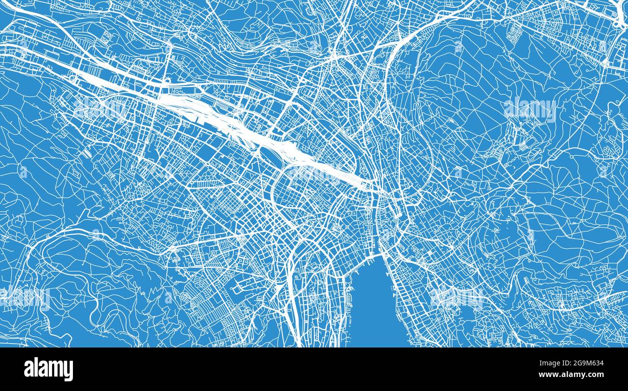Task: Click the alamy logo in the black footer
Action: coord(48,369)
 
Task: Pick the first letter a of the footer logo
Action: coord(29,370)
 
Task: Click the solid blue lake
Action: coord(374,309)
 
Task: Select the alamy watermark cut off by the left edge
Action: coord(24,296)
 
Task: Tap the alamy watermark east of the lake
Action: coord(457,296)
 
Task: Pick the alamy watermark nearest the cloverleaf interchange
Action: coord(530,110)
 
